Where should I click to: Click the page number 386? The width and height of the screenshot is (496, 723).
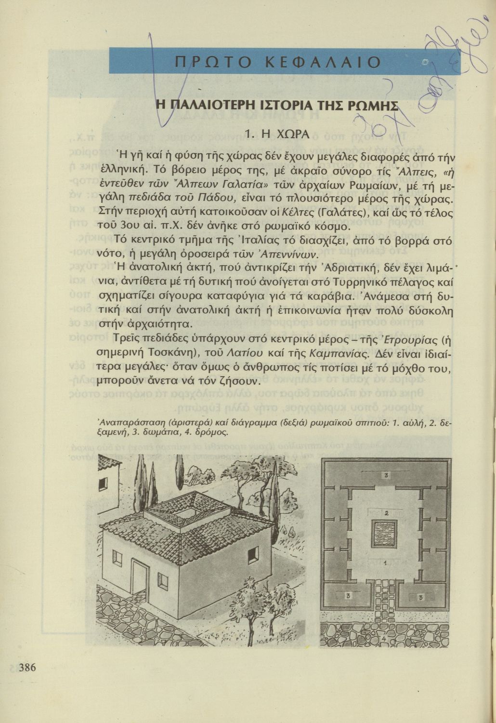pyautogui.click(x=27, y=668)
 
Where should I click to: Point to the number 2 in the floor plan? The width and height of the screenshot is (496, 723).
pyautogui.click(x=386, y=512)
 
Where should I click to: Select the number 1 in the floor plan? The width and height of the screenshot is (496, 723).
pyautogui.click(x=385, y=562)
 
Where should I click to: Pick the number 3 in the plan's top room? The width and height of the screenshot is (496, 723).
pyautogui.click(x=386, y=476)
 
